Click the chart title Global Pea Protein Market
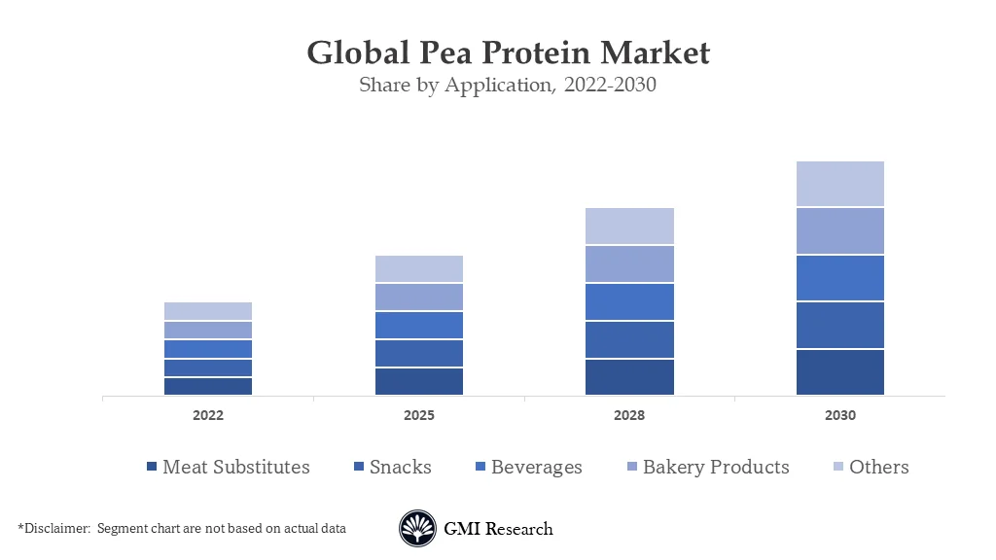pyautogui.click(x=508, y=52)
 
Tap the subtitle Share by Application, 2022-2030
pyautogui.click(x=507, y=85)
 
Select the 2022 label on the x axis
pyautogui.click(x=208, y=415)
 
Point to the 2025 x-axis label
pyautogui.click(x=419, y=415)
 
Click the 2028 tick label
pyautogui.click(x=629, y=415)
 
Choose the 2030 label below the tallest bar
pyautogui.click(x=840, y=415)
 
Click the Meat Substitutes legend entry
pyautogui.click(x=228, y=467)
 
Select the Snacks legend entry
pyautogui.click(x=393, y=467)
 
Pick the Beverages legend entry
pyautogui.click(x=526, y=467)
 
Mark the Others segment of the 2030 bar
pyautogui.click(x=840, y=184)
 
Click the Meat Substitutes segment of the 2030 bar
pyautogui.click(x=840, y=372)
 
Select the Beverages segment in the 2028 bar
pyautogui.click(x=629, y=301)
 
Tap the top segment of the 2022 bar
pyautogui.click(x=208, y=311)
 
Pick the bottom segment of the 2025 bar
pyautogui.click(x=419, y=381)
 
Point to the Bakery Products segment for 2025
pyautogui.click(x=419, y=297)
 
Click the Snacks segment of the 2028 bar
pyautogui.click(x=629, y=339)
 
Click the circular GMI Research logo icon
pyautogui.click(x=417, y=529)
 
